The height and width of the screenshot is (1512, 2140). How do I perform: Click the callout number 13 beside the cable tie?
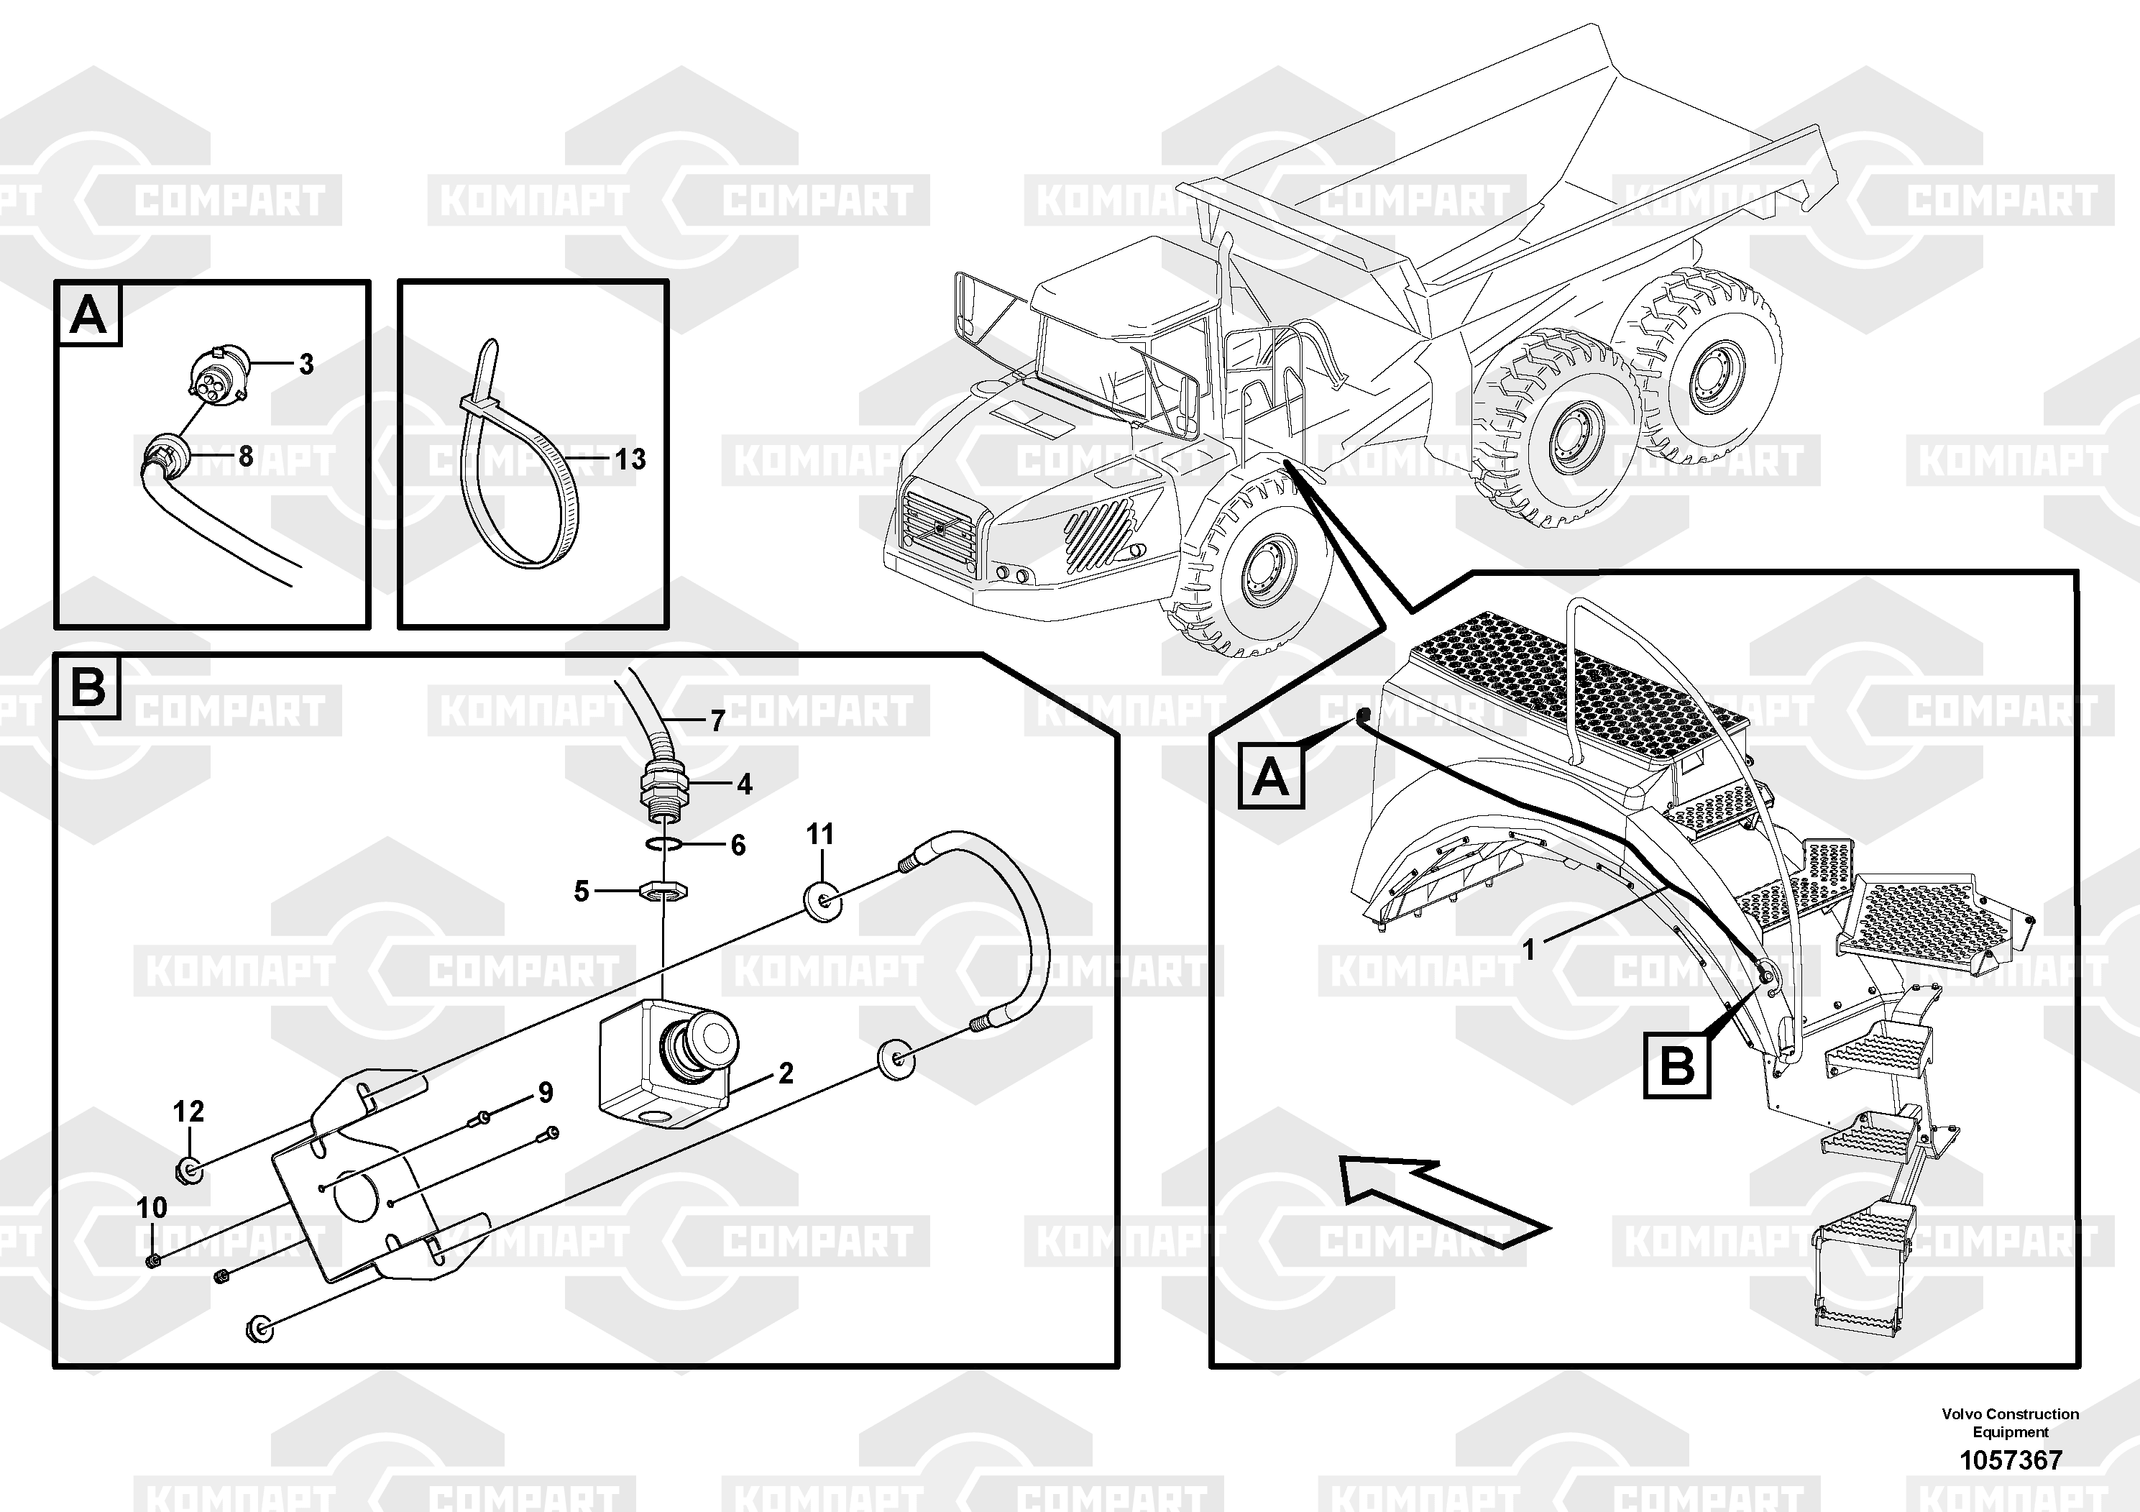coord(630,459)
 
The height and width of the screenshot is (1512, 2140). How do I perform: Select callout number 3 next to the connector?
coord(306,365)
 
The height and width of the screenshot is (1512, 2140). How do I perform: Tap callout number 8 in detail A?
coord(245,456)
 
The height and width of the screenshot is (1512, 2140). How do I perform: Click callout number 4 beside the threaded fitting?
coord(744,785)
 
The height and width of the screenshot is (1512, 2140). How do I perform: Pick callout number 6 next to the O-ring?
coord(738,846)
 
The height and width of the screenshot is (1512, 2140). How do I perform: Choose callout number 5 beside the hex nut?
coord(582,892)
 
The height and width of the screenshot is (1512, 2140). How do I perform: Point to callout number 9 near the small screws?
coord(546,1093)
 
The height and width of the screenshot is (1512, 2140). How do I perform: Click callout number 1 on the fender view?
coord(1528,950)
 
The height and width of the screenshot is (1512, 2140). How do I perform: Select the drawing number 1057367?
coord(2011,1460)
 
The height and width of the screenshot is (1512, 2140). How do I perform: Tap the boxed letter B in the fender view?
coord(1678,1066)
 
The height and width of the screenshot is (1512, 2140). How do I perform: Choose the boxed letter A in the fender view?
coord(1272,776)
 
